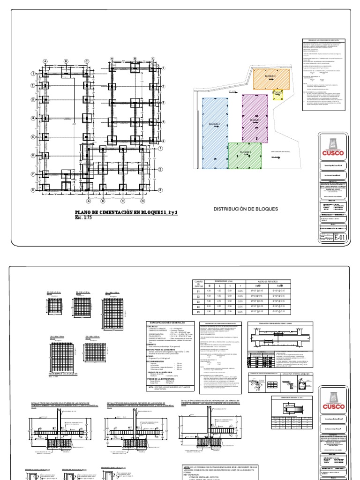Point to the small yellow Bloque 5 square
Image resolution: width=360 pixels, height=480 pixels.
277,94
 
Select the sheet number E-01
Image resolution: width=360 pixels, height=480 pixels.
341,238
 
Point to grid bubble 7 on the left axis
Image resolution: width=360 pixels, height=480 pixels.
33,174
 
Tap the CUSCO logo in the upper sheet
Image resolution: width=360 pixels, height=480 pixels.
333,149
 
